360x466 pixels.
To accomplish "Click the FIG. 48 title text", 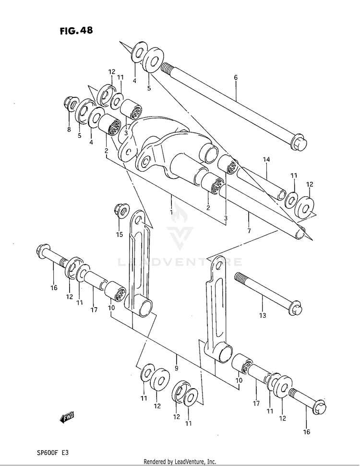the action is click(x=76, y=31).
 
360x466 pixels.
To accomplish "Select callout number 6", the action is click(x=236, y=77).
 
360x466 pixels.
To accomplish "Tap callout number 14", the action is click(x=266, y=159).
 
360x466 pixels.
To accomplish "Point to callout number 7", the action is click(x=249, y=230).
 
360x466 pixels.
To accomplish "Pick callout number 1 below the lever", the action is click(x=171, y=212).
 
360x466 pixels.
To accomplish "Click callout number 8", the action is click(x=69, y=129).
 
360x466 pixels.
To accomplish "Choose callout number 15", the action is click(x=119, y=235).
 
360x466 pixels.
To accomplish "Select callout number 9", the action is click(x=177, y=369).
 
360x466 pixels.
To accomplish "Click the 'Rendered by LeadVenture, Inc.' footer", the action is click(x=180, y=461).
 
